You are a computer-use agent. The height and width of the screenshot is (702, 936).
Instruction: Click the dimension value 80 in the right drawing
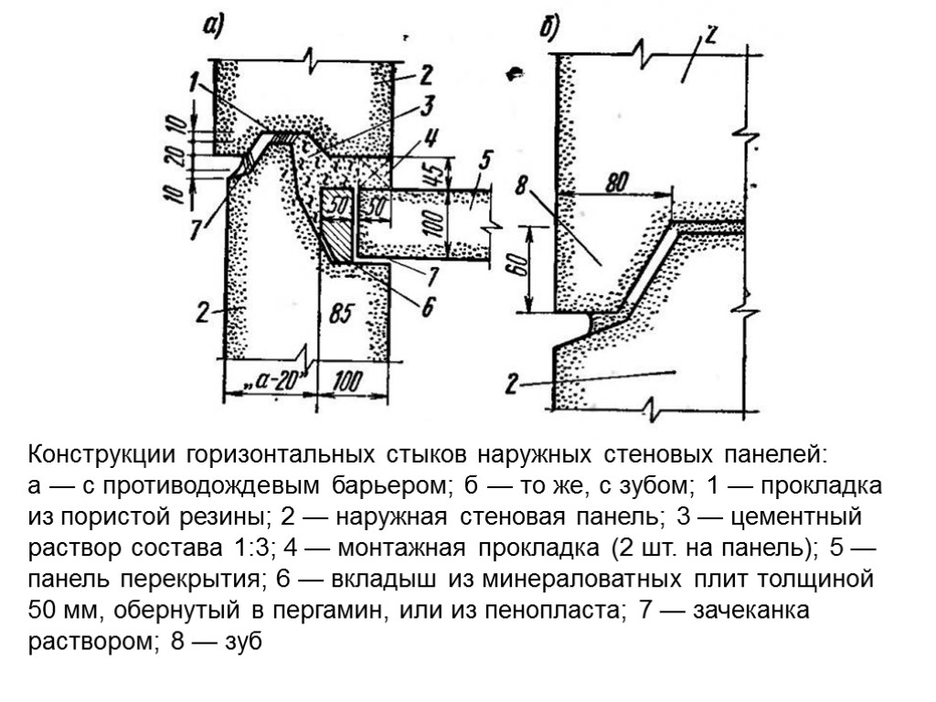click(615, 183)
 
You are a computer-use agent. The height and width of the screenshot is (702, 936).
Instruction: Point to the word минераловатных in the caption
click(603, 580)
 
